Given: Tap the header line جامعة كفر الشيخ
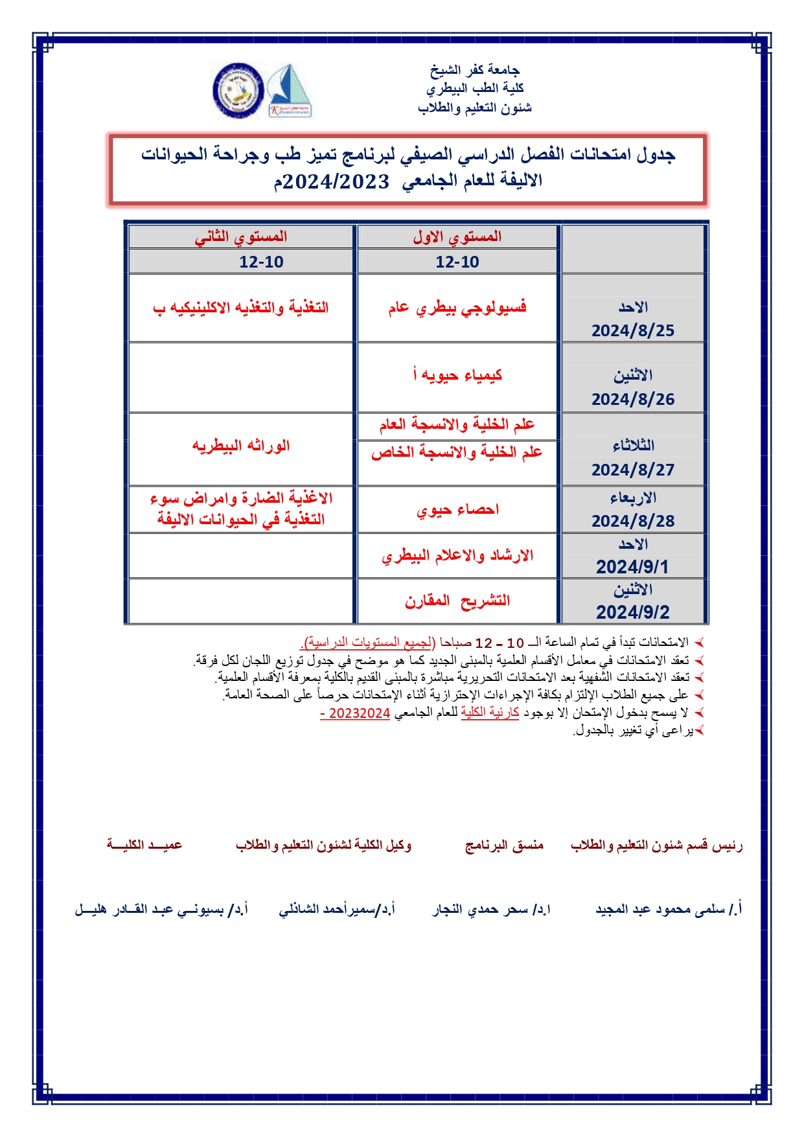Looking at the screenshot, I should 474,69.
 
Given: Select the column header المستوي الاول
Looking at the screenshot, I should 457,236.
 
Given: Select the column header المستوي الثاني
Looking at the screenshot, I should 241,236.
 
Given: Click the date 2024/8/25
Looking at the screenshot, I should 632,330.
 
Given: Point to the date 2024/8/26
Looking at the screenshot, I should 632,399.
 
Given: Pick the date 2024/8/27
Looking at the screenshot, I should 632,470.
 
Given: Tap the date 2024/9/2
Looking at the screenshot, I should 632,612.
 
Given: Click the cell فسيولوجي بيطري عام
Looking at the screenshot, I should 457,308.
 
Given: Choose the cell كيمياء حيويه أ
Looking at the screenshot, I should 457,375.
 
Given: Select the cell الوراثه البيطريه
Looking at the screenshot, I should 241,446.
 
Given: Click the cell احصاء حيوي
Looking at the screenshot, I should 457,510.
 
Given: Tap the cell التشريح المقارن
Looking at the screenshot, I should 457,601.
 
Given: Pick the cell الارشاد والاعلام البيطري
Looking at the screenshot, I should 457,556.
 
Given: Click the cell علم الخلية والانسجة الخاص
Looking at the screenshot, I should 457,452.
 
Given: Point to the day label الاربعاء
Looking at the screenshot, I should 632,498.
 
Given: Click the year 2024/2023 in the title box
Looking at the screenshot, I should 336,181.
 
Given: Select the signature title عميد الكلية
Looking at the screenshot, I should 144,845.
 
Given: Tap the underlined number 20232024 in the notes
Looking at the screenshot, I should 359,713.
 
